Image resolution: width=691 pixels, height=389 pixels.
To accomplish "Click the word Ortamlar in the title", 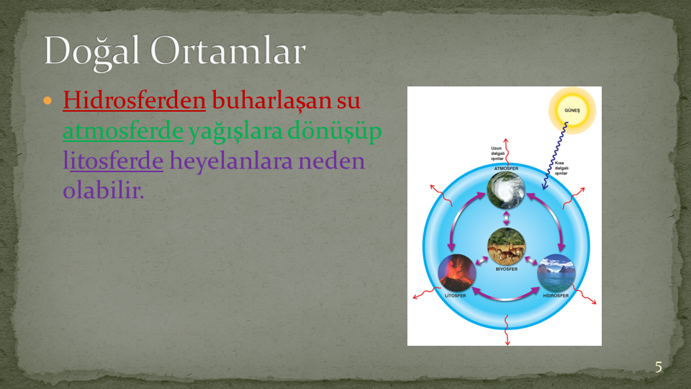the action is tap(228, 50).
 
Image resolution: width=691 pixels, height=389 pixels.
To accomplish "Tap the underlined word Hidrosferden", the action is tap(135, 100).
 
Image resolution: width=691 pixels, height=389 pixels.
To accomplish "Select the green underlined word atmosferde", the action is tap(123, 131).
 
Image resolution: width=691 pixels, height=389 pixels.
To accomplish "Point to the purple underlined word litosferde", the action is tap(113, 161).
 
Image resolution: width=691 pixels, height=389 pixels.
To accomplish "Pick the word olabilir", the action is tap(104, 190).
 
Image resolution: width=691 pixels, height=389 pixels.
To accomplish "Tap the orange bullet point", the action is tap(48, 101).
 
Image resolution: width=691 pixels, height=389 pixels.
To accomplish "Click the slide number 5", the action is tap(659, 367).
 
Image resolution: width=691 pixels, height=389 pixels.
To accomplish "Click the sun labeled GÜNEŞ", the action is tap(572, 110).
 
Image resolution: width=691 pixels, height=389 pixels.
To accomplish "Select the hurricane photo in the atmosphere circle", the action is tap(506, 190).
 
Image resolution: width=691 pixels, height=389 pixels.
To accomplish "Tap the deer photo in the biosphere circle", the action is tap(506, 246).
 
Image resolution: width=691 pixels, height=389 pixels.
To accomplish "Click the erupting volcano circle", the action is tap(457, 272).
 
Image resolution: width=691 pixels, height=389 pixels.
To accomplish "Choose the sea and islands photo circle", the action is tap(556, 272).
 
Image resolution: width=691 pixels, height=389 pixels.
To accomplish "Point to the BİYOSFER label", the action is tap(507, 269).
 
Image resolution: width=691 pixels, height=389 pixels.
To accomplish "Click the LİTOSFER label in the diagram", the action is tap(455, 295).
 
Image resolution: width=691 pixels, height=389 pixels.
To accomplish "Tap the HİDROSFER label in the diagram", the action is tap(556, 295).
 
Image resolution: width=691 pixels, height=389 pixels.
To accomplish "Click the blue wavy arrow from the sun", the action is tap(554, 156).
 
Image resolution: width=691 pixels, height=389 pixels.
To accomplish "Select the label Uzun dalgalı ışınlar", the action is tap(497, 153).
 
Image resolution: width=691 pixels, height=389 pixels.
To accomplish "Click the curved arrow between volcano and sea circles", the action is tap(506, 299).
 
